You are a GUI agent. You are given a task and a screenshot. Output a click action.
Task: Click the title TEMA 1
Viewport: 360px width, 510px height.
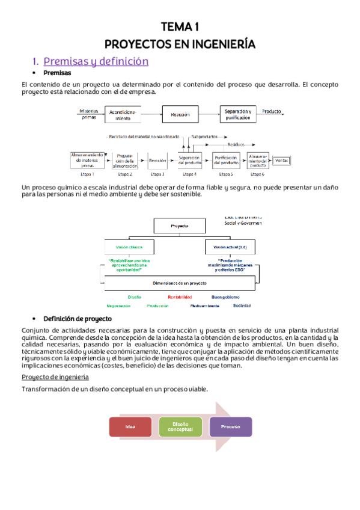click(x=180, y=26)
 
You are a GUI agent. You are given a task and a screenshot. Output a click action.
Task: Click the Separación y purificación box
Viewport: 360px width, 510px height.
click(x=238, y=114)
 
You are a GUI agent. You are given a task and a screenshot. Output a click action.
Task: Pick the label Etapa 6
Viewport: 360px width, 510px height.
click(x=257, y=174)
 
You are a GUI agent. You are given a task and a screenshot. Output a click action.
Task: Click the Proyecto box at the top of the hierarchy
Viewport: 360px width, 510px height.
click(x=180, y=226)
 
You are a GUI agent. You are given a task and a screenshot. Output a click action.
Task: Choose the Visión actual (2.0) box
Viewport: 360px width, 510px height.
click(x=230, y=247)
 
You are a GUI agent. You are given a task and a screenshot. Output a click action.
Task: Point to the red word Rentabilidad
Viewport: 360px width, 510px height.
click(x=180, y=296)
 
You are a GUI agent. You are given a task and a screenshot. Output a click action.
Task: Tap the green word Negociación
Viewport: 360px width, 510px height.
click(x=118, y=306)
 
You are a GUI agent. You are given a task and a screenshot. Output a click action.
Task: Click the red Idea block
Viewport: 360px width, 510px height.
click(x=130, y=426)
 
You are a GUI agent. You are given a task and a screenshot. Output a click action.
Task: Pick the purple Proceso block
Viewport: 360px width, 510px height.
click(x=230, y=426)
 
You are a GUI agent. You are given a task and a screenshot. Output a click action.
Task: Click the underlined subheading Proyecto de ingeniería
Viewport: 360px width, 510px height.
click(x=55, y=376)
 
